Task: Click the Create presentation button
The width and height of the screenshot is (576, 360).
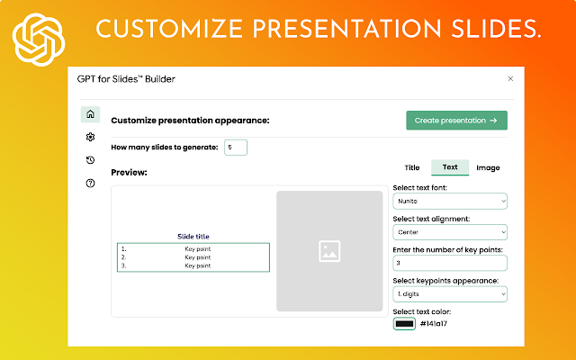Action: (x=456, y=121)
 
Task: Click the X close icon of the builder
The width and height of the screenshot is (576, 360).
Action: (x=510, y=78)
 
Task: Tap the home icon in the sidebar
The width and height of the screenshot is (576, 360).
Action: (x=90, y=114)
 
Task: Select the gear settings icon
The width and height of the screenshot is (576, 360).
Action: (x=90, y=137)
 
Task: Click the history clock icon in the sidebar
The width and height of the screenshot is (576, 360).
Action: (x=90, y=160)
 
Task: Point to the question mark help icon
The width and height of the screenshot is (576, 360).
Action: (x=90, y=183)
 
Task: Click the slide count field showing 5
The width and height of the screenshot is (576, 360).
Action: (x=236, y=148)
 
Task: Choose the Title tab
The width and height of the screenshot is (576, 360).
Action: (x=412, y=167)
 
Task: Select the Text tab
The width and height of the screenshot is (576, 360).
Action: (x=450, y=167)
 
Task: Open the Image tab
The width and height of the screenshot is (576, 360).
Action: (x=488, y=167)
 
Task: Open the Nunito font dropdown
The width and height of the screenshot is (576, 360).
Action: (x=450, y=202)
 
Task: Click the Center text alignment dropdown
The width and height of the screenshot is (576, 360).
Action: (x=450, y=232)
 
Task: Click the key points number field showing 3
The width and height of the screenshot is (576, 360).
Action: (x=450, y=263)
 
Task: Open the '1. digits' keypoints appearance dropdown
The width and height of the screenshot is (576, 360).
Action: (x=450, y=294)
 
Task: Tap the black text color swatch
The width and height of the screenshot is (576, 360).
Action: (x=404, y=324)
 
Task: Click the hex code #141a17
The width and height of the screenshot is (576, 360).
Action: (x=434, y=324)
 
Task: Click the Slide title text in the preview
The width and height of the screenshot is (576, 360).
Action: (x=193, y=237)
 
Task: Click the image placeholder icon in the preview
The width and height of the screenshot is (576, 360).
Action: (x=329, y=251)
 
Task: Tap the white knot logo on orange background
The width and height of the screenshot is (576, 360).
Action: (x=39, y=40)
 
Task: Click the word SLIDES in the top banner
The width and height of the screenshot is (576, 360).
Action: (x=496, y=29)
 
